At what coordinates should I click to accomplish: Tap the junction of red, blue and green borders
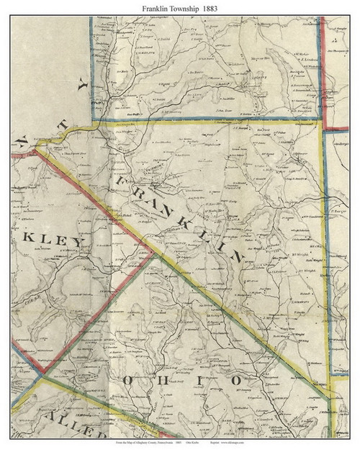coord(43,375)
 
